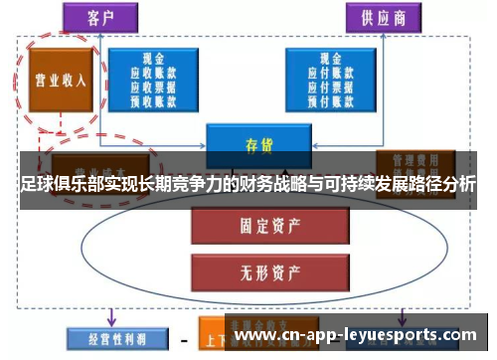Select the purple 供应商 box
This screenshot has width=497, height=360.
pyautogui.click(x=383, y=18)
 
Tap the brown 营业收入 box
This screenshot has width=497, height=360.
pyautogui.click(x=57, y=81)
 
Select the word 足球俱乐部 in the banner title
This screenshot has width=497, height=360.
pyautogui.click(x=63, y=185)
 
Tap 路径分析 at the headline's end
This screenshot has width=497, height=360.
pyautogui.click(x=438, y=185)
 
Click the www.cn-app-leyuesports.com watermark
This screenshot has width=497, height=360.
pyautogui.click(x=354, y=336)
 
